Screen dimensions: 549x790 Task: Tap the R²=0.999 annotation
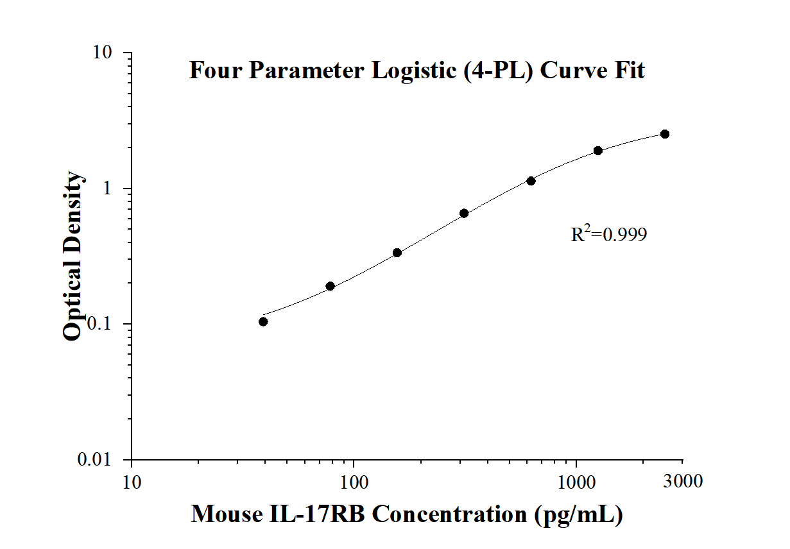(x=608, y=235)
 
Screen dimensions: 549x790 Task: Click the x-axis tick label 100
(x=354, y=480)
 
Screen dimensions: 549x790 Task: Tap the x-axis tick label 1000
(x=576, y=480)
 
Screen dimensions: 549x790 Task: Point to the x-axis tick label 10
(x=132, y=480)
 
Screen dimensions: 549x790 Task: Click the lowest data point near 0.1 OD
(x=263, y=321)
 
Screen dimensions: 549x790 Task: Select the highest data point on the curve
(x=665, y=134)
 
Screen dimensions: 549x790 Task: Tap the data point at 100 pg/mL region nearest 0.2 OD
(x=330, y=286)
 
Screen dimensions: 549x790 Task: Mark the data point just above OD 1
(x=531, y=181)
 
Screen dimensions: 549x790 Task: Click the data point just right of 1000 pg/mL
(x=598, y=151)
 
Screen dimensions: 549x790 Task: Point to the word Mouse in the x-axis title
(x=224, y=514)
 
